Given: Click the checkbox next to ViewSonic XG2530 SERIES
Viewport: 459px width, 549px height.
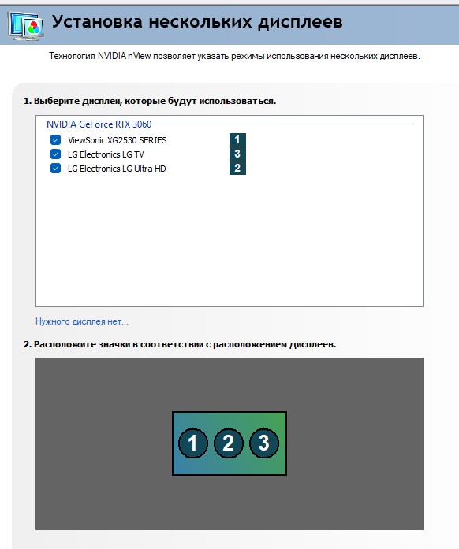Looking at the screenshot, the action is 55,140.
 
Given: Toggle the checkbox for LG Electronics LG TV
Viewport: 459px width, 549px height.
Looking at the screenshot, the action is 55,154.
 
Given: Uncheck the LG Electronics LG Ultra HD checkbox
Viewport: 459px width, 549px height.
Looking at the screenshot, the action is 55,169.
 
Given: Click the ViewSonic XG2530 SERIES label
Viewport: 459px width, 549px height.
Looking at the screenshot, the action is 118,140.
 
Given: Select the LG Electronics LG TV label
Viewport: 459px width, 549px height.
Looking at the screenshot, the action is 106,154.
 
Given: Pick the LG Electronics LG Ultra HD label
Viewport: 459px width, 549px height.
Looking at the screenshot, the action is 117,169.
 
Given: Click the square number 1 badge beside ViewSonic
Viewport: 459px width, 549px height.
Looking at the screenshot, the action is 237,139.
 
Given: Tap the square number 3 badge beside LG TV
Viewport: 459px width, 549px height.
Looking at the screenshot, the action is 237,154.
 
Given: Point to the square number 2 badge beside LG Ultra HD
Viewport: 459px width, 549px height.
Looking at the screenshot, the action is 237,168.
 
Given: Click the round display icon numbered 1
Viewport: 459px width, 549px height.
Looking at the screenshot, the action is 193,443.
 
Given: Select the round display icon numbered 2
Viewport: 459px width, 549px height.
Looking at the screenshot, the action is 228,443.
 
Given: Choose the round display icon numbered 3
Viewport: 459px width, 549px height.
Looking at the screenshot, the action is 264,443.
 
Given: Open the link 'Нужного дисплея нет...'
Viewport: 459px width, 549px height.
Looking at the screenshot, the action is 82,321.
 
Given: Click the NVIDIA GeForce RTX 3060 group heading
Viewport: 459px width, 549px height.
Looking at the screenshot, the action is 99,124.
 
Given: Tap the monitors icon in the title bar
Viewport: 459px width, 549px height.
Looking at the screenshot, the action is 26,26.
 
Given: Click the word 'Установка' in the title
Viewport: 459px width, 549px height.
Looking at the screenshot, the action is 97,22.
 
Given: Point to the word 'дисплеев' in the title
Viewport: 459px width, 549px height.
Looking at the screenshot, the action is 300,22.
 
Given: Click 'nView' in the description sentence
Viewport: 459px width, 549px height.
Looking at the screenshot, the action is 140,56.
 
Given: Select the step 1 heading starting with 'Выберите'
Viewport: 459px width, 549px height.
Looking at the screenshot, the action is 150,101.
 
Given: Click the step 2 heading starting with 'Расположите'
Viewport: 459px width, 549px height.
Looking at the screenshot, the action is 180,344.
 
